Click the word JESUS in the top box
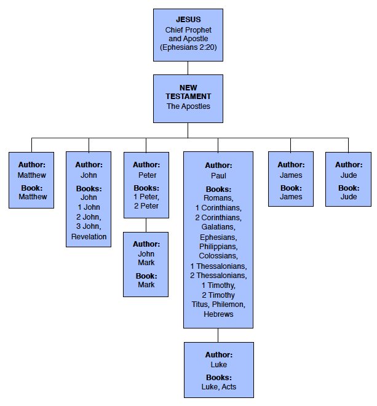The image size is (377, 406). pyautogui.click(x=188, y=20)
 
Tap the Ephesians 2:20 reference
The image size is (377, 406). pyautogui.click(x=188, y=47)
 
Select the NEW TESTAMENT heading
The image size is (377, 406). pyautogui.click(x=188, y=92)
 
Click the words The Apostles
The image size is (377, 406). pyautogui.click(x=188, y=106)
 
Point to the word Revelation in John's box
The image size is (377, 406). pyautogui.click(x=89, y=236)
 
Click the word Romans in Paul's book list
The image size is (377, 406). pyautogui.click(x=218, y=198)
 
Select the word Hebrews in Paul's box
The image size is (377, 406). pyautogui.click(x=218, y=314)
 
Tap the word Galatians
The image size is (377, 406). pyautogui.click(x=218, y=227)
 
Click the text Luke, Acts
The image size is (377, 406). pyautogui.click(x=218, y=387)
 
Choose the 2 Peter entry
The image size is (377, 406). pyautogui.click(x=146, y=206)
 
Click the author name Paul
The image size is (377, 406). pyautogui.click(x=218, y=175)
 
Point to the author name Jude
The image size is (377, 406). pyautogui.click(x=348, y=175)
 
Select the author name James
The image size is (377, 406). pyautogui.click(x=290, y=175)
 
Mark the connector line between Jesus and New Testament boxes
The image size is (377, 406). pyautogui.click(x=188, y=68)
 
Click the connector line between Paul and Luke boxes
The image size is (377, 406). pyautogui.click(x=218, y=335)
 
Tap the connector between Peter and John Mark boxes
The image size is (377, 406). pyautogui.click(x=146, y=226)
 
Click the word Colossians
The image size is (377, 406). pyautogui.click(x=218, y=256)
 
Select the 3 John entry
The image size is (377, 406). pyautogui.click(x=89, y=227)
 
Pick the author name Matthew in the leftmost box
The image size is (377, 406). pyautogui.click(x=31, y=175)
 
